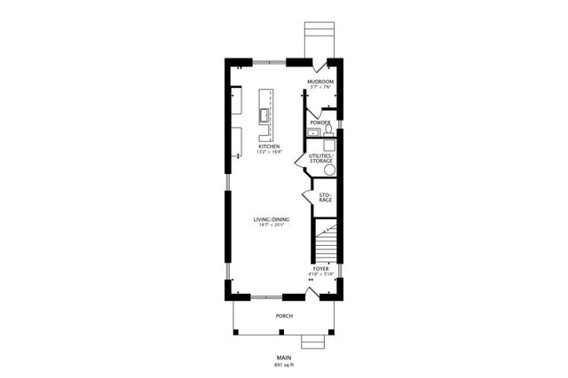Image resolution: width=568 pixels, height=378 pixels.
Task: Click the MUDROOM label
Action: [320, 81]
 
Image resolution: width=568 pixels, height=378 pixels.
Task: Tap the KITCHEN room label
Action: [269, 146]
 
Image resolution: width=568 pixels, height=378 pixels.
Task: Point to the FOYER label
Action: [320, 268]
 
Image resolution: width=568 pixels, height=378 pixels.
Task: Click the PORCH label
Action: [284, 316]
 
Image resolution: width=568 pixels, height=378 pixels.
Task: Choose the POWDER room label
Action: [320, 122]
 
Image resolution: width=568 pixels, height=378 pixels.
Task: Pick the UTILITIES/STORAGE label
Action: [320, 158]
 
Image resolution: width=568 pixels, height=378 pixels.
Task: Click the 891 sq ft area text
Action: [284, 365]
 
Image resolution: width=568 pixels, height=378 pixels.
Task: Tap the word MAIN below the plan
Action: [284, 358]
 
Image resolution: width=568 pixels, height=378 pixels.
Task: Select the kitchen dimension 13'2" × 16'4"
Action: [269, 153]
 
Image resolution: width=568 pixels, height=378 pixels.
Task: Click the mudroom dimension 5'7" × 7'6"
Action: [320, 87]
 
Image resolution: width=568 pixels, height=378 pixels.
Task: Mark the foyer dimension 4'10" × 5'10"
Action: [320, 274]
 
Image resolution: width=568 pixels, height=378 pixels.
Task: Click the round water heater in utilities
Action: [329, 169]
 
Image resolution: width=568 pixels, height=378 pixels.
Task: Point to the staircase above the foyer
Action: [326, 241]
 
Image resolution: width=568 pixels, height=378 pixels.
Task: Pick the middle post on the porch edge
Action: [281, 333]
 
